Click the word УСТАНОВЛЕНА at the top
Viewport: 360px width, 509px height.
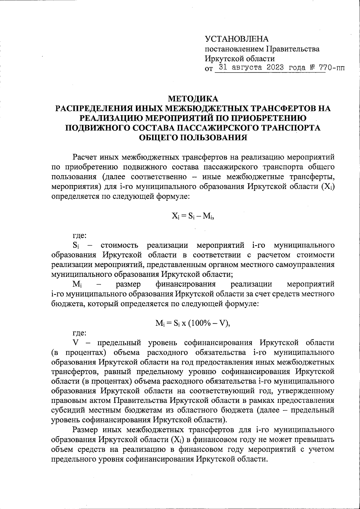(237, 39)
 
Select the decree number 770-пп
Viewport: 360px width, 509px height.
(332, 67)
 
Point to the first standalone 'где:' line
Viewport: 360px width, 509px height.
(80, 236)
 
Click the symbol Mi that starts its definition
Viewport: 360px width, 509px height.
(77, 284)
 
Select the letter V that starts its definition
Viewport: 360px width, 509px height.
(76, 342)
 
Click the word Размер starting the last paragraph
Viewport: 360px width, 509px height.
(87, 430)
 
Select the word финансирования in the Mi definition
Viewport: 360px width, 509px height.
(186, 284)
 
